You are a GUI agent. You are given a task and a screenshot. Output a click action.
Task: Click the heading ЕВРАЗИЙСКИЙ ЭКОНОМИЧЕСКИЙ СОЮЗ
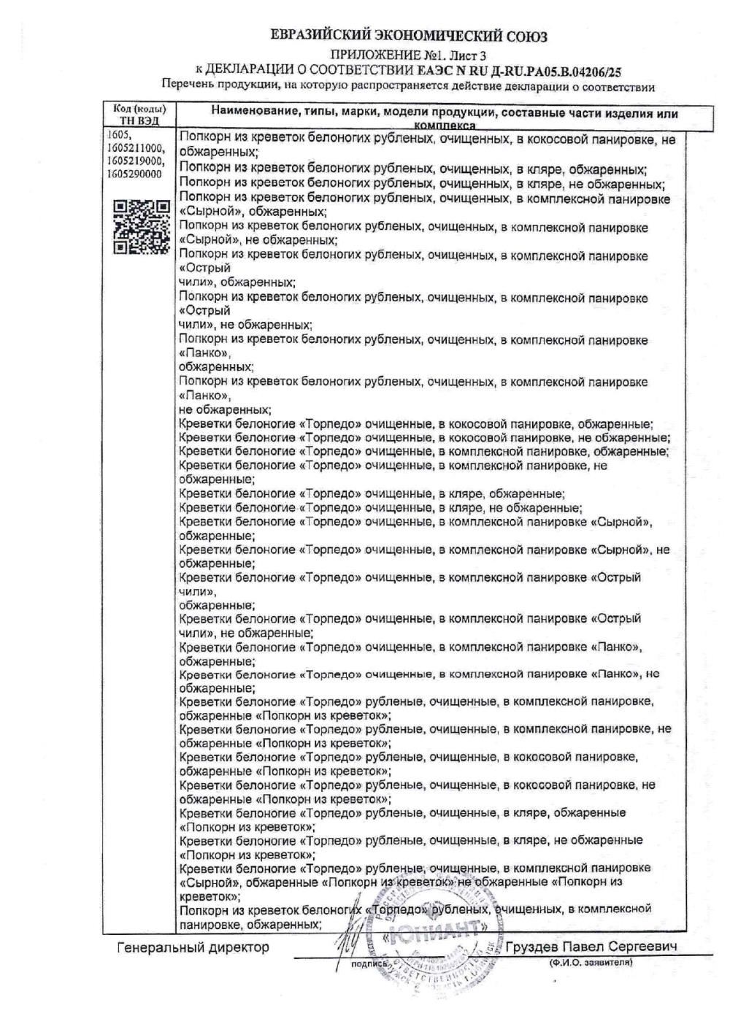click(408, 36)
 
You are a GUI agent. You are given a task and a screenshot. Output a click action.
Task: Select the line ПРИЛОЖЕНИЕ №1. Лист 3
click(408, 55)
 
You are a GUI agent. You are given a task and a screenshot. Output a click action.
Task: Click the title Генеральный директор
click(193, 947)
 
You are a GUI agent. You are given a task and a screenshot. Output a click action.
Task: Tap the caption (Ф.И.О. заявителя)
click(591, 963)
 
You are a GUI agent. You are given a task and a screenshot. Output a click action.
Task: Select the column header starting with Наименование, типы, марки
click(444, 115)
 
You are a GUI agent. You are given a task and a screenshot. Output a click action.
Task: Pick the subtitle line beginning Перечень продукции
click(408, 87)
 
